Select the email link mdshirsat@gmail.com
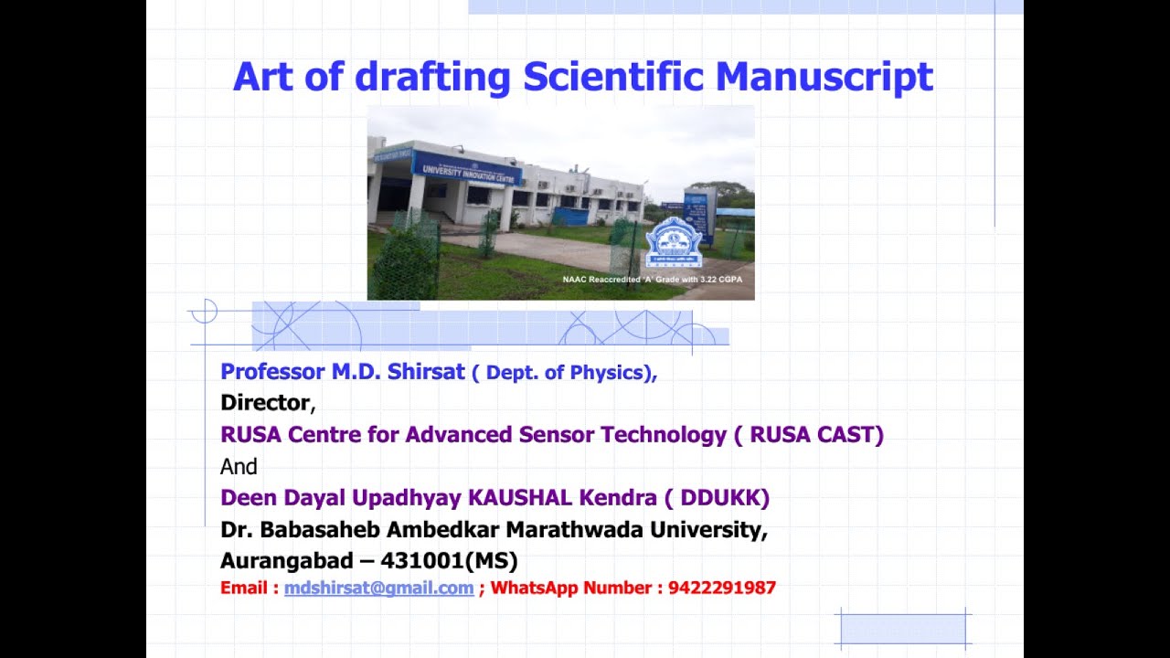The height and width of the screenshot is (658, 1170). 378,588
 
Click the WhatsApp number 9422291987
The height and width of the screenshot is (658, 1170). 721,588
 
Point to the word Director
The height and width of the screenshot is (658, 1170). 265,403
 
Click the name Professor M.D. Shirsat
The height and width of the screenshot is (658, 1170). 343,372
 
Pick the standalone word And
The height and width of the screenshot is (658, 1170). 239,467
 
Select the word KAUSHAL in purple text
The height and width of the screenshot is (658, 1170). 519,498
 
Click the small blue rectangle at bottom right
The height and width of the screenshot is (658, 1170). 903,629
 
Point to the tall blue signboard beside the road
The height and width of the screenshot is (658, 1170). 699,215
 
